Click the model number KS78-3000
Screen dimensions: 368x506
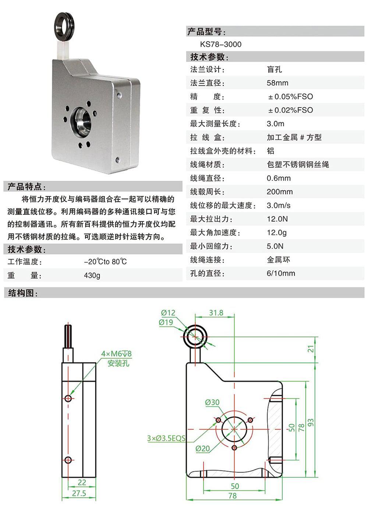click(x=220, y=44)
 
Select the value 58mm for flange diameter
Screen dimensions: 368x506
click(x=277, y=83)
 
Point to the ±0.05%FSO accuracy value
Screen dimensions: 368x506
click(x=291, y=97)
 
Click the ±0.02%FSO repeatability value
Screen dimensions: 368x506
click(x=291, y=110)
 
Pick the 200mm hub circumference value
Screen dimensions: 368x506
click(x=280, y=192)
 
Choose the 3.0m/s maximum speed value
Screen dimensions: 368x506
click(x=279, y=205)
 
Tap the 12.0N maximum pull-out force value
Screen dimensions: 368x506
click(x=277, y=219)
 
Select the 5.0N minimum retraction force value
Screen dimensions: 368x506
click(x=275, y=246)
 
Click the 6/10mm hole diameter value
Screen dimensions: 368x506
click(x=281, y=273)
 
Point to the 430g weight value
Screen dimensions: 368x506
click(x=92, y=275)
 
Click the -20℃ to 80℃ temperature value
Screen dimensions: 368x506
click(x=106, y=262)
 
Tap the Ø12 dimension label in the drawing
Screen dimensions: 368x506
click(x=168, y=313)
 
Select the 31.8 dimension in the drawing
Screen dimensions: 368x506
click(x=216, y=313)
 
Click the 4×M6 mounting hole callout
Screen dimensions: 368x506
click(x=116, y=354)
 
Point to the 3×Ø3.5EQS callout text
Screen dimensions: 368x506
click(x=166, y=438)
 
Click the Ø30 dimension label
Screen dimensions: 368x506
click(x=212, y=402)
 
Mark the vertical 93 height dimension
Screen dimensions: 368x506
click(x=311, y=422)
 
